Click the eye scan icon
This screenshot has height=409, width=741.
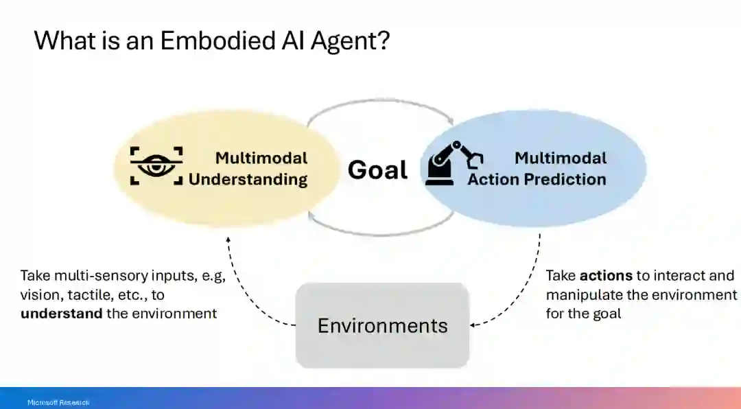(x=157, y=165)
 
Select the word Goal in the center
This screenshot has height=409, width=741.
(x=377, y=170)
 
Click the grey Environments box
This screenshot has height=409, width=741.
(x=382, y=325)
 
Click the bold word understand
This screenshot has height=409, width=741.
(x=62, y=314)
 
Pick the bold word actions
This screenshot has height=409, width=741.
(x=606, y=276)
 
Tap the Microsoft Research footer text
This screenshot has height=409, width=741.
(x=58, y=402)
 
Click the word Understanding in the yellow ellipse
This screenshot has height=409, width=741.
(x=248, y=180)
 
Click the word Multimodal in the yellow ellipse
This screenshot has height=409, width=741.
(x=261, y=158)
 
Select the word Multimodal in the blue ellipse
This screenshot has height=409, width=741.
(x=561, y=158)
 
